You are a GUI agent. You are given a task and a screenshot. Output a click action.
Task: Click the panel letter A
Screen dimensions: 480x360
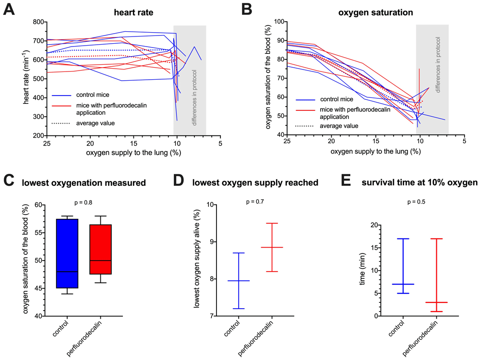9,9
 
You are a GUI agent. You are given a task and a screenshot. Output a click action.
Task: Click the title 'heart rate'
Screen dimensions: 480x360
133,12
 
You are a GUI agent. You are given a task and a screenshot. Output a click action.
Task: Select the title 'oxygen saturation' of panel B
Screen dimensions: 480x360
376,12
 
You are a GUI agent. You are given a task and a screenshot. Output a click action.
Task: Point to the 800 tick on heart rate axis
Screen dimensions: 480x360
38,22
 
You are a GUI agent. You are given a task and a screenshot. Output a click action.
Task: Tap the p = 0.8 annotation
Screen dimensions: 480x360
83,203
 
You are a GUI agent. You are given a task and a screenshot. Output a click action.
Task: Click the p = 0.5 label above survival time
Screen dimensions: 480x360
416,202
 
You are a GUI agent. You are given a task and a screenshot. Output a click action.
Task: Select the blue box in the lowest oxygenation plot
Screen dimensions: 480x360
67,253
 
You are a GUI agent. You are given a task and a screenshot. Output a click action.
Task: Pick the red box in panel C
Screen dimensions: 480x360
100,249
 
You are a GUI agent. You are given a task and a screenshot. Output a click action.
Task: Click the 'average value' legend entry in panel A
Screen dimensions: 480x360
96,123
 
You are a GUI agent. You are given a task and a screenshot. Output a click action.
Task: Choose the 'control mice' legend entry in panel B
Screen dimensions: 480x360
337,99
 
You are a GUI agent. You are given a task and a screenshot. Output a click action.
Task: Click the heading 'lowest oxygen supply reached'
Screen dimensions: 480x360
255,182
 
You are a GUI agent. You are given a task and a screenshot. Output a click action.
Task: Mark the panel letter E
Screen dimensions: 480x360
346,180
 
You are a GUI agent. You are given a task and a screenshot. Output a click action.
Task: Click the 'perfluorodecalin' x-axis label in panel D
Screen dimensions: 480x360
256,338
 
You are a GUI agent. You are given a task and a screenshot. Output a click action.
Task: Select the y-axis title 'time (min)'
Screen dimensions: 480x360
362,269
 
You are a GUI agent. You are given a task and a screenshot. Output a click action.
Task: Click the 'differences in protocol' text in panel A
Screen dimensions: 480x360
194,98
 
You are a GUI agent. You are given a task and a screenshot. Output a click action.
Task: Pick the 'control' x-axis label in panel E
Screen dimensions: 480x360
396,328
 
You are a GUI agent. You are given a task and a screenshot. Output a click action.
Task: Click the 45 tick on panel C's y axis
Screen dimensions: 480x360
38,288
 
